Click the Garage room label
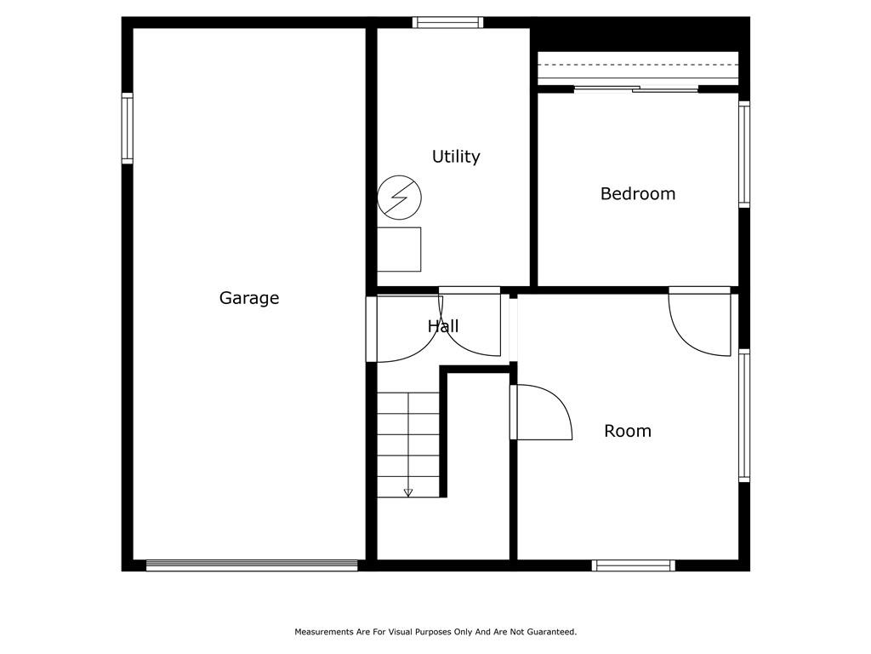(x=249, y=299)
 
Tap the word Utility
(x=456, y=157)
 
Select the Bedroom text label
(x=638, y=193)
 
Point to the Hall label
(x=443, y=326)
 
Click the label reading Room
(x=628, y=431)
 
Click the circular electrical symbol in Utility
(x=400, y=198)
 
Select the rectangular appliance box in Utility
(x=399, y=250)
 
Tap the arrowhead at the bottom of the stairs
(x=408, y=493)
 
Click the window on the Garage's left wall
(x=128, y=129)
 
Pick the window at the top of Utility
(x=447, y=22)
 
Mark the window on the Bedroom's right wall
(x=743, y=155)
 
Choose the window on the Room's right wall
(x=743, y=415)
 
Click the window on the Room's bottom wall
(x=633, y=565)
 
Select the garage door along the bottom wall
(x=252, y=565)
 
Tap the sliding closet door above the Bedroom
(x=636, y=88)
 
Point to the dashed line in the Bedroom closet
(x=638, y=65)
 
